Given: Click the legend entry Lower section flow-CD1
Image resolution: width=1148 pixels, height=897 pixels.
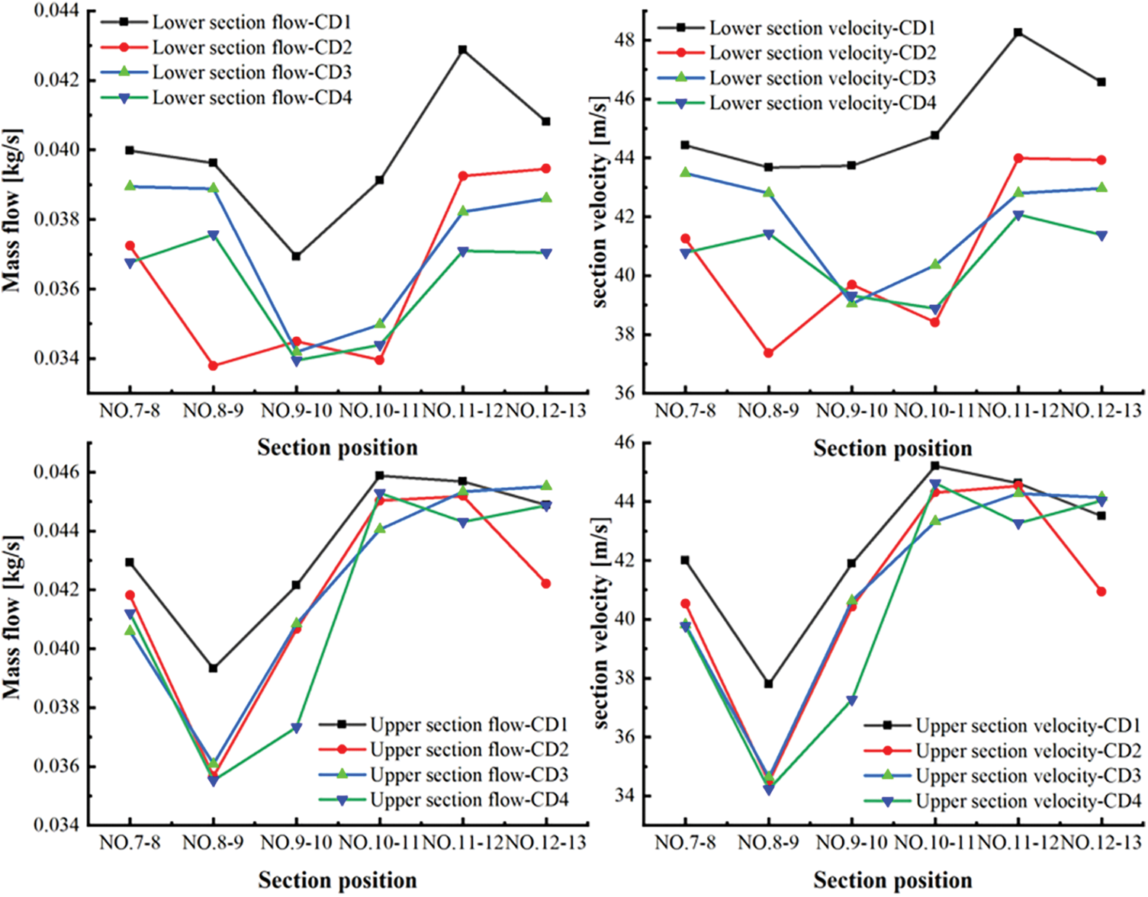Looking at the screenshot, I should pyautogui.click(x=252, y=22).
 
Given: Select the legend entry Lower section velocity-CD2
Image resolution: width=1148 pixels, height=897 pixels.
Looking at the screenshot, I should pyautogui.click(x=822, y=53).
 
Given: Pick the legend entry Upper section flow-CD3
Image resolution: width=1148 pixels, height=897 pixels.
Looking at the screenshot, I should pyautogui.click(x=468, y=775).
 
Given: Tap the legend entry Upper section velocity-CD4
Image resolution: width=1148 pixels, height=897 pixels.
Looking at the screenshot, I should pyautogui.click(x=1028, y=801).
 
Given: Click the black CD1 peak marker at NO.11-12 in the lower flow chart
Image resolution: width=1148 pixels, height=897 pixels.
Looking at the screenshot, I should pyautogui.click(x=462, y=50).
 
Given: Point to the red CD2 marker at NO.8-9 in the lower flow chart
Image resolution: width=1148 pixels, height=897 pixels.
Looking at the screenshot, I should pyautogui.click(x=213, y=366).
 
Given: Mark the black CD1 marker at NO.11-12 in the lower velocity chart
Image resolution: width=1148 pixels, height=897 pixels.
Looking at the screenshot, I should pyautogui.click(x=1018, y=33).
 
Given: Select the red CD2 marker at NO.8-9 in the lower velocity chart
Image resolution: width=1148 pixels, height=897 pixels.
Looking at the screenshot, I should pyautogui.click(x=768, y=353).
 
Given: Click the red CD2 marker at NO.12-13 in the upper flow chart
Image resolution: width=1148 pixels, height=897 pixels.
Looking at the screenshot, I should pyautogui.click(x=546, y=584).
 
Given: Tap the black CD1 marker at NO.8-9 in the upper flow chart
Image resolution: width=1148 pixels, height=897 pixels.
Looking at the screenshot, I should pyautogui.click(x=213, y=668).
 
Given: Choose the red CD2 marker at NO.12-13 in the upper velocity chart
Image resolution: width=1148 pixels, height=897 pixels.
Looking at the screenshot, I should pyautogui.click(x=1101, y=591).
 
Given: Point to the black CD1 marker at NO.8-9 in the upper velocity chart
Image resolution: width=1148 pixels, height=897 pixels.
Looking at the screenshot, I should pyautogui.click(x=768, y=684).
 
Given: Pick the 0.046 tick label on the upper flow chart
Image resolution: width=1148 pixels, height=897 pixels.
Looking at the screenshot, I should pyautogui.click(x=57, y=473).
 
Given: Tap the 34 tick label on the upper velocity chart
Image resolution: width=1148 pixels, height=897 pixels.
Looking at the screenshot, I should pyautogui.click(x=625, y=796).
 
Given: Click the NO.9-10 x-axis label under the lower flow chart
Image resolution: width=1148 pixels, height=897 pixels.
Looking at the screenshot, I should pyautogui.click(x=297, y=411).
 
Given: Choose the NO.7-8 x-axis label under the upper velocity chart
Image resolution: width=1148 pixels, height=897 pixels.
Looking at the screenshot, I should pyautogui.click(x=685, y=843).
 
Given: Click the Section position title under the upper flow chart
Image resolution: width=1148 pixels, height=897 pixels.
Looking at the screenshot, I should pyautogui.click(x=337, y=881).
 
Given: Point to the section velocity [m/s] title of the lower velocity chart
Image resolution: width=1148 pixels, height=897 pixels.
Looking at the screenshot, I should pyautogui.click(x=601, y=202).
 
